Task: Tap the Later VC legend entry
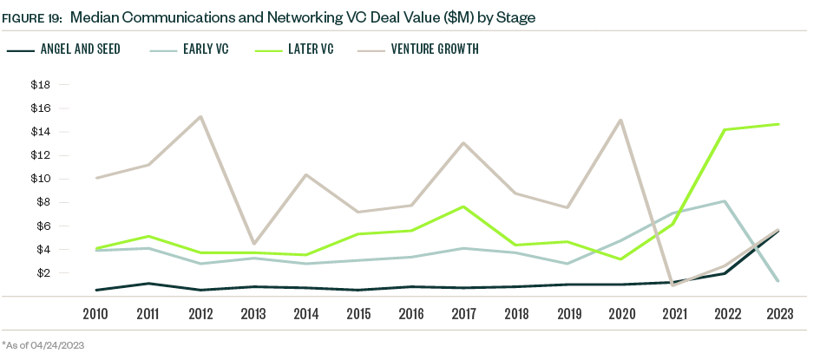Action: click(x=310, y=49)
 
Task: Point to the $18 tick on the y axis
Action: click(x=40, y=85)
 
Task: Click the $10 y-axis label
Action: click(x=40, y=179)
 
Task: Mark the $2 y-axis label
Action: click(x=43, y=272)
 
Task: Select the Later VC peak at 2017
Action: click(x=463, y=206)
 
